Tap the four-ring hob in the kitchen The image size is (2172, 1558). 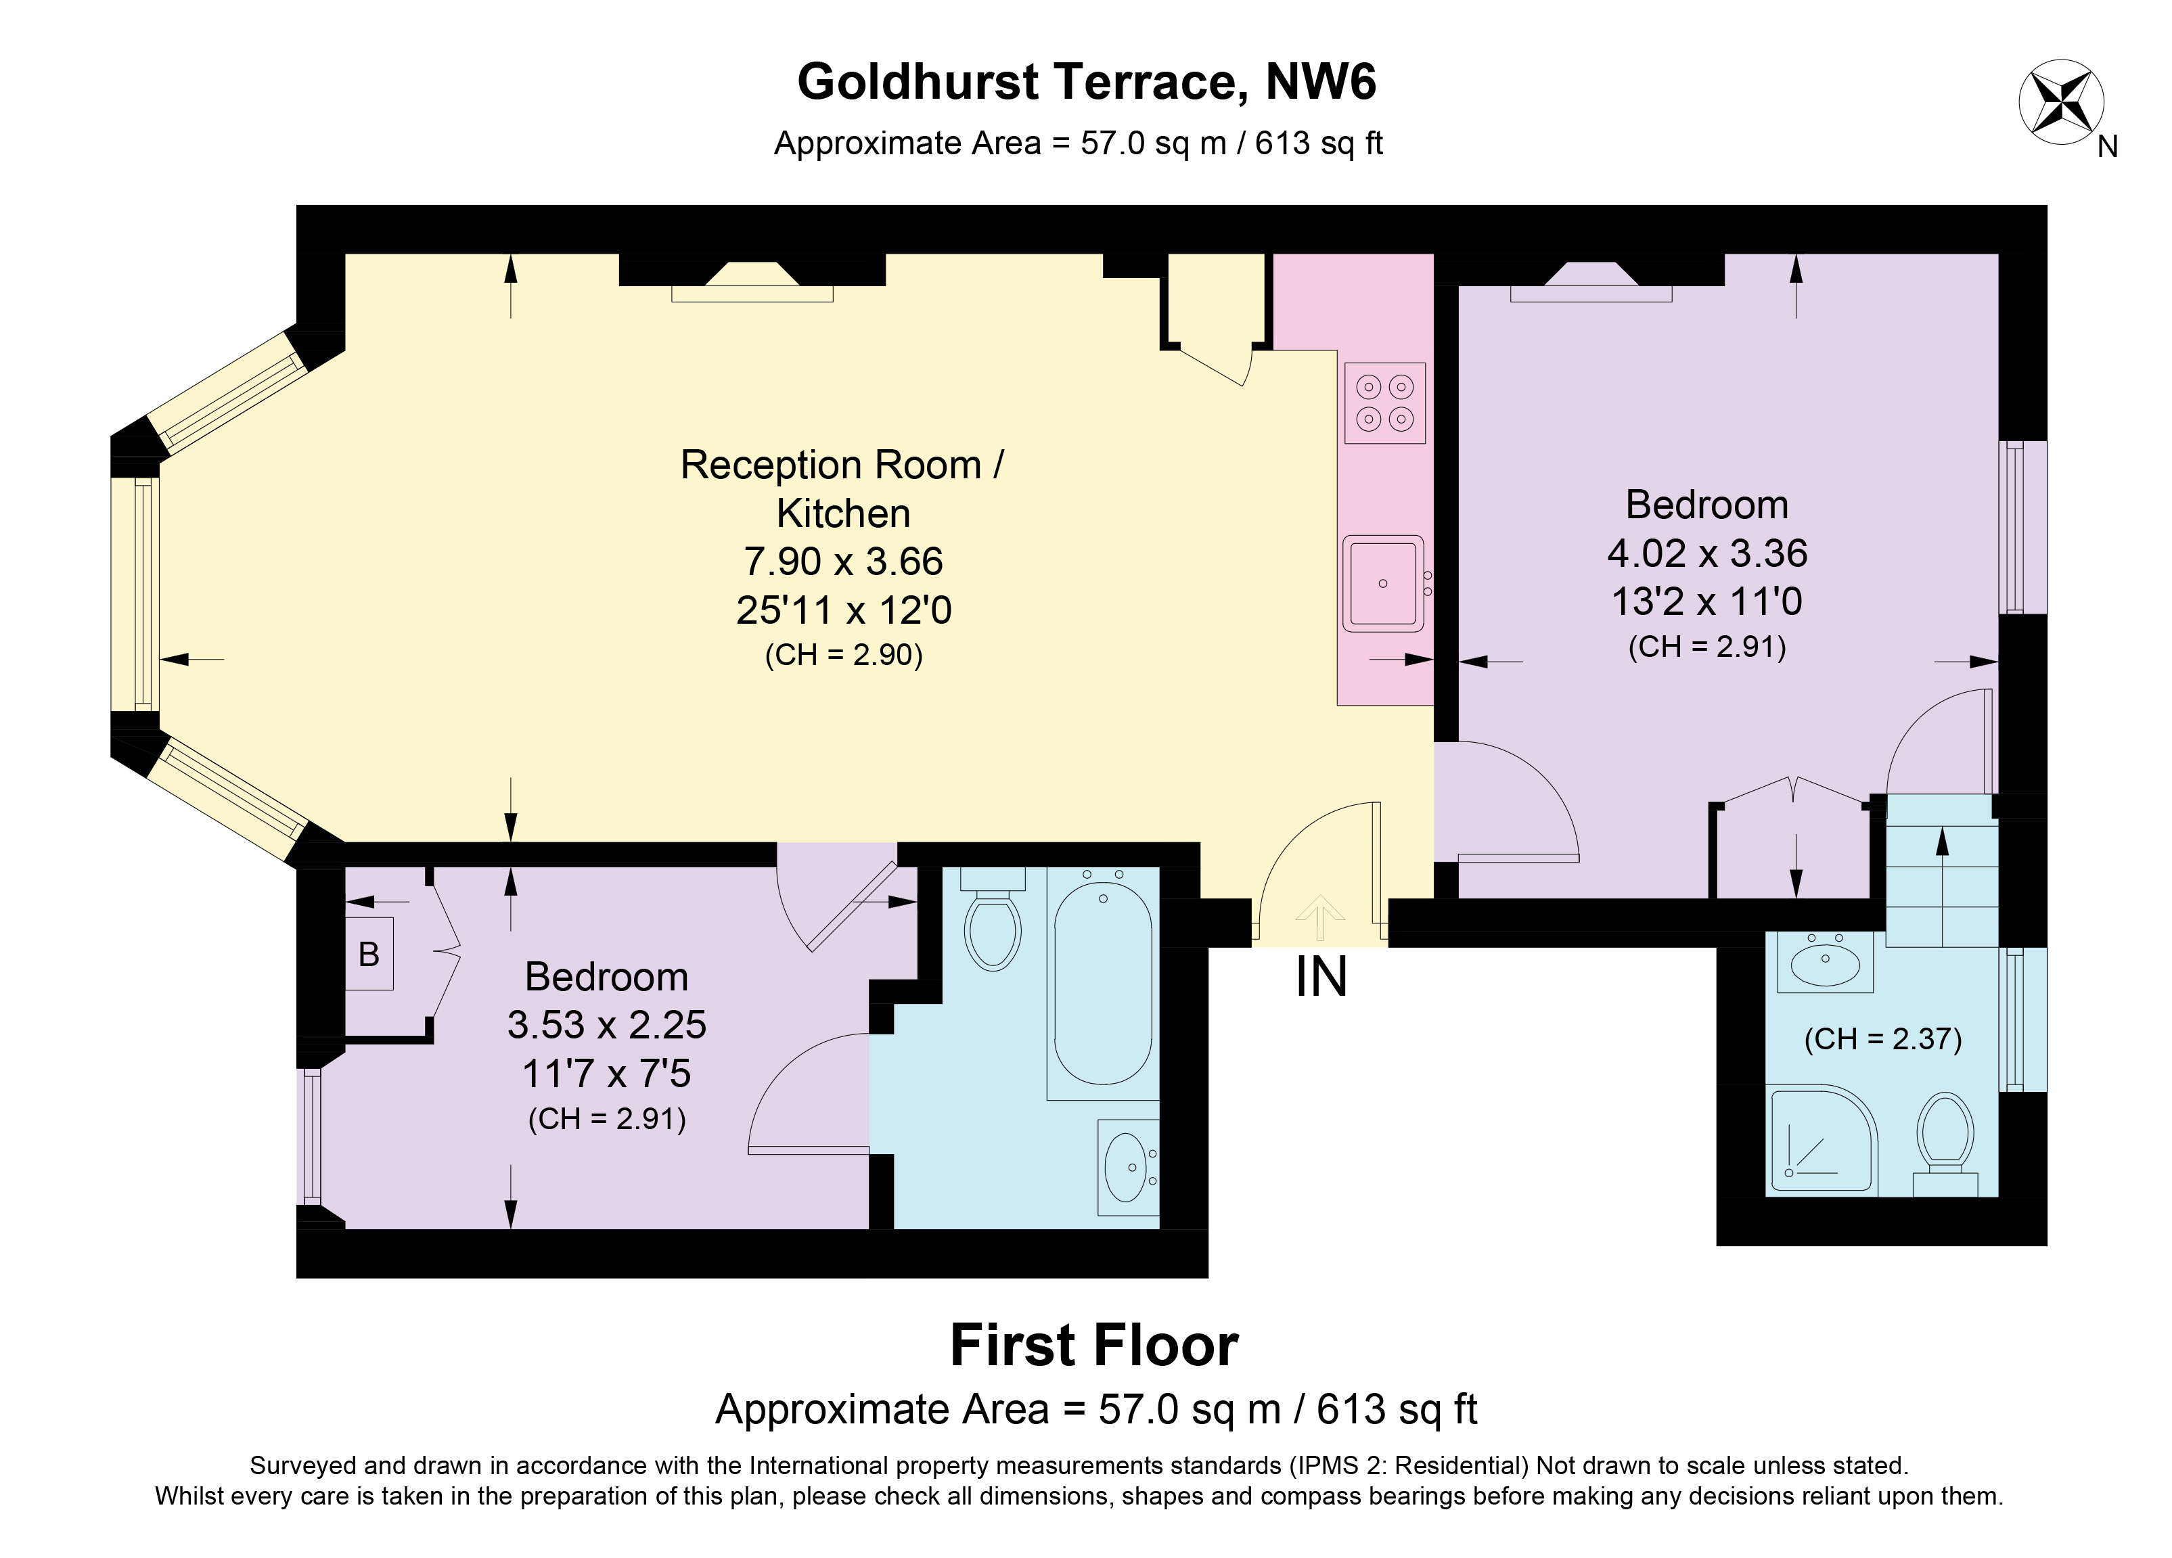1385,403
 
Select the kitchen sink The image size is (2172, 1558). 1384,583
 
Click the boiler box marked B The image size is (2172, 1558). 369,954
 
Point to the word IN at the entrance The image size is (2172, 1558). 1321,977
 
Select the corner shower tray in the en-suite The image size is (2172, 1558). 1821,1139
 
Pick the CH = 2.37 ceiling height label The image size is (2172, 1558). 1883,1039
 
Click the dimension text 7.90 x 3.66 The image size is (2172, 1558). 844,561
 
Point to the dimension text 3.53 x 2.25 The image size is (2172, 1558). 607,1025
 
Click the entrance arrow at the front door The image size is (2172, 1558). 1319,917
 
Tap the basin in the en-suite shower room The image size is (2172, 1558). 1826,961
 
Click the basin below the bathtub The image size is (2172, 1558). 1128,1167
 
